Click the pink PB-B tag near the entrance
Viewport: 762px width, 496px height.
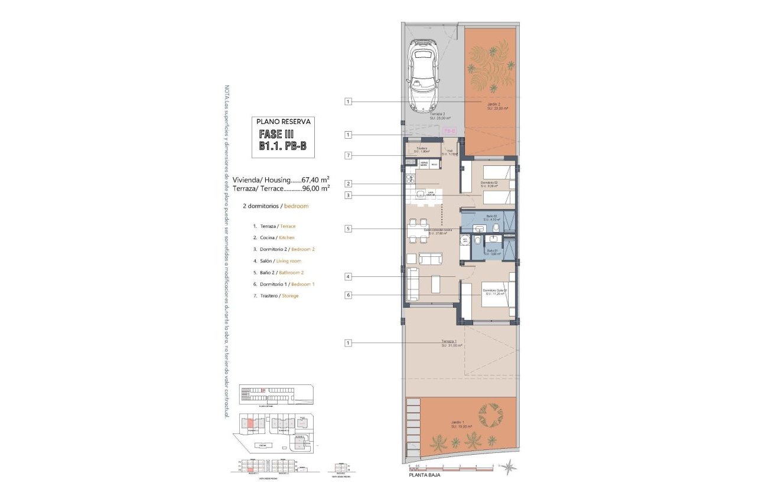[449, 130]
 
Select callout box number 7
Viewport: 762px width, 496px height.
[349, 155]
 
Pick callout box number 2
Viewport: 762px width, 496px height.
[349, 184]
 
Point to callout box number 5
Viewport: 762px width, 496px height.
[349, 229]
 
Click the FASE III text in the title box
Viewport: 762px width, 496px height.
[276, 135]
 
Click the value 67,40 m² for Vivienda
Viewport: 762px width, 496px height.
[315, 180]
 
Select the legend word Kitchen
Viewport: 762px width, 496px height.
[286, 238]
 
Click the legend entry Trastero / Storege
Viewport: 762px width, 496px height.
[275, 295]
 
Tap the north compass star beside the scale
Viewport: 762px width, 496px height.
[507, 467]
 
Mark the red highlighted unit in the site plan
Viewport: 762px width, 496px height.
[250, 423]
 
